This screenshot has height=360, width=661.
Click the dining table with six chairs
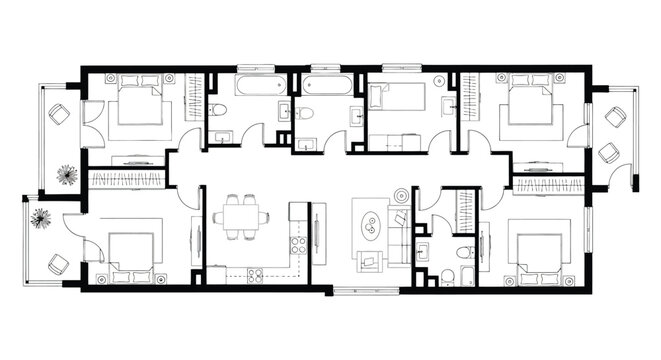[x=240, y=217]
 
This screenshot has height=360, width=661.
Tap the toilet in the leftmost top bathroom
[x=220, y=109]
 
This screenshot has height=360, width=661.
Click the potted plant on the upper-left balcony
[x=67, y=175]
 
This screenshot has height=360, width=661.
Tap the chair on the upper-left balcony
[x=59, y=115]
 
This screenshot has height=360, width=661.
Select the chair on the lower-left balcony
[x=57, y=264]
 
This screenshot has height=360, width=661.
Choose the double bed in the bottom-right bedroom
[x=540, y=253]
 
